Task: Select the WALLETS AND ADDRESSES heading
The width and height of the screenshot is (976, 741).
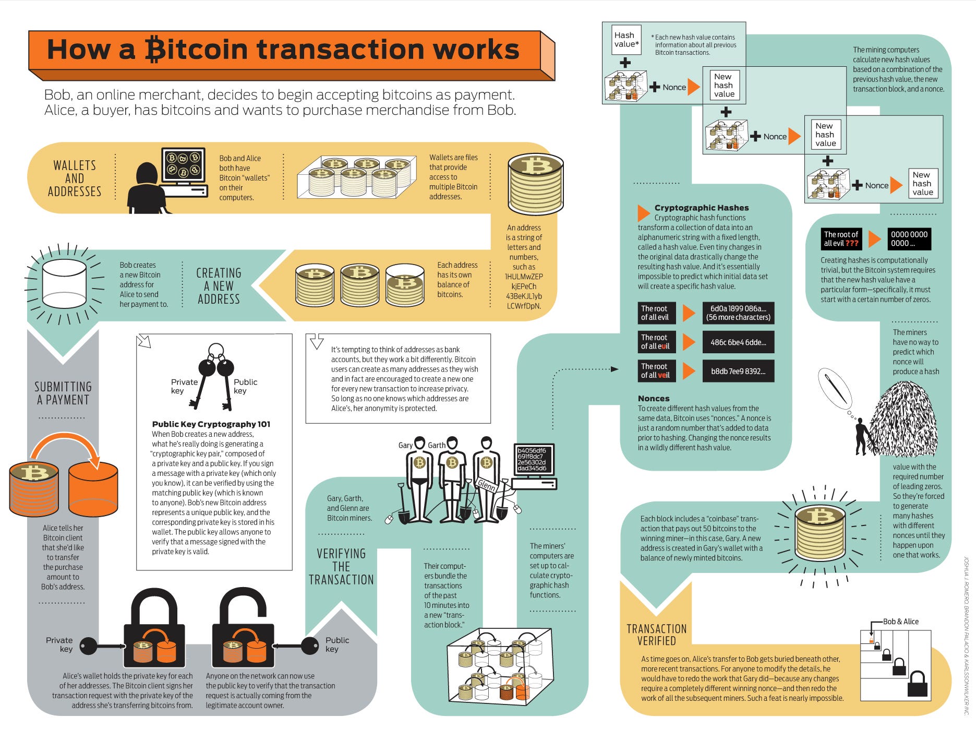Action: [75, 178]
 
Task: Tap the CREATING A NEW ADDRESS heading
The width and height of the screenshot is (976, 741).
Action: [219, 286]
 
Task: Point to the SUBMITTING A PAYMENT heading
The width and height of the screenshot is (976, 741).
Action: [63, 393]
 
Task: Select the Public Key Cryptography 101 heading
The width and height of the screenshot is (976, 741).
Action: [211, 424]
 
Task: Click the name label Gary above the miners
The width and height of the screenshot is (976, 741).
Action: [405, 445]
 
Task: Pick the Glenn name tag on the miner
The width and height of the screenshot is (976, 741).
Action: [486, 485]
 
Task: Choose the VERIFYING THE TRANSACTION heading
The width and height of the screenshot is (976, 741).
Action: [341, 567]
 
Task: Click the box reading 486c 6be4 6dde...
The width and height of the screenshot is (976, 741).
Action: [738, 342]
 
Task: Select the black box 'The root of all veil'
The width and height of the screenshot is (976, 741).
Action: [656, 370]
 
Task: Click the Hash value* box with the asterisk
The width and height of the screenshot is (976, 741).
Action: [625, 40]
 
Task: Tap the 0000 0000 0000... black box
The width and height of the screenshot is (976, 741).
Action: [909, 239]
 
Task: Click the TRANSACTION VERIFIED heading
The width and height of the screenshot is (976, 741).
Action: [656, 635]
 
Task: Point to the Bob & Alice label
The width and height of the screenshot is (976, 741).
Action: [900, 622]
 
